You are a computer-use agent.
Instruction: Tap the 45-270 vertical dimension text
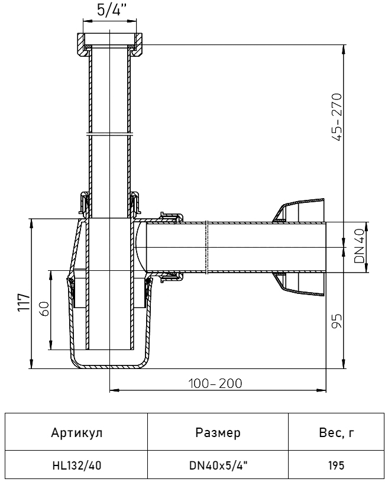click(x=337, y=117)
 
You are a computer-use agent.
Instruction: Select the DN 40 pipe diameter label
click(x=359, y=246)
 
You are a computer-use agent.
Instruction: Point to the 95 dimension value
click(x=337, y=321)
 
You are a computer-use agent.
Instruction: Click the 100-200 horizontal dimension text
click(x=215, y=383)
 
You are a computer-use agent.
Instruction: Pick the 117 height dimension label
click(x=24, y=303)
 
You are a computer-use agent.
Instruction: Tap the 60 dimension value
click(x=44, y=309)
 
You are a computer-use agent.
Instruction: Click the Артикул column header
click(x=76, y=433)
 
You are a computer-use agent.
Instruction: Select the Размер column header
click(x=218, y=433)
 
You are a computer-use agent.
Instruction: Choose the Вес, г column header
click(x=337, y=433)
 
